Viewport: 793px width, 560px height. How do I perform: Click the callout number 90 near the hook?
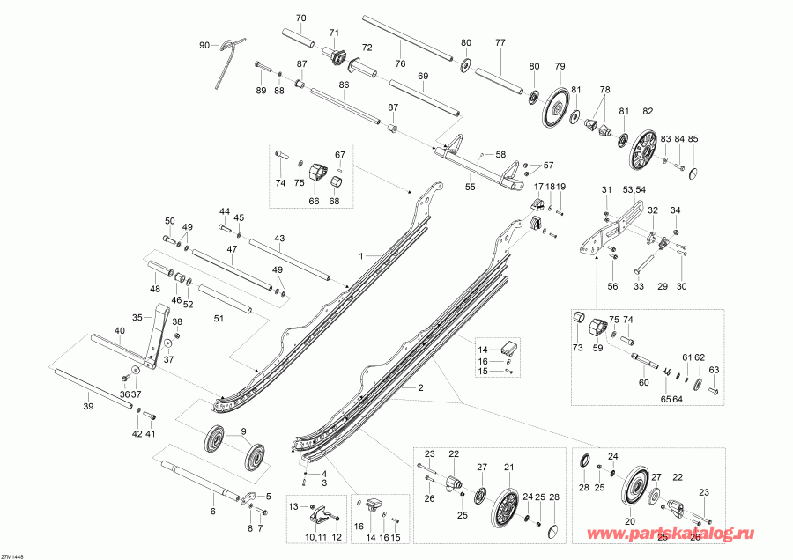(204, 45)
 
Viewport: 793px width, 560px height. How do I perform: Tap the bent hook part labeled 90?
(226, 60)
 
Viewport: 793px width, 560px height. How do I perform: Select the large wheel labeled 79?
(556, 106)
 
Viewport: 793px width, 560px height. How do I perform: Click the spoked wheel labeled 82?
(646, 150)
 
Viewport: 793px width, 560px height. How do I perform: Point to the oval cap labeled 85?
(694, 169)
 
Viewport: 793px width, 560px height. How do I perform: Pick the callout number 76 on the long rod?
(399, 63)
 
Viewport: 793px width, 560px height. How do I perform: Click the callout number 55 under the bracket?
(470, 187)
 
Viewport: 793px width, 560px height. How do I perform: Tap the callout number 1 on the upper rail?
(360, 255)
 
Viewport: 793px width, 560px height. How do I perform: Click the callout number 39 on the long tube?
(87, 407)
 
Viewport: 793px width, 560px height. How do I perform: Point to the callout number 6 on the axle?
(211, 511)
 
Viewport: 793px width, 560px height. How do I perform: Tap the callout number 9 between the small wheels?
(233, 431)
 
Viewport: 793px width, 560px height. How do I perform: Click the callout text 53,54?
(634, 189)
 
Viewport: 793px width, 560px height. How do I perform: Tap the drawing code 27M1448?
(13, 556)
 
